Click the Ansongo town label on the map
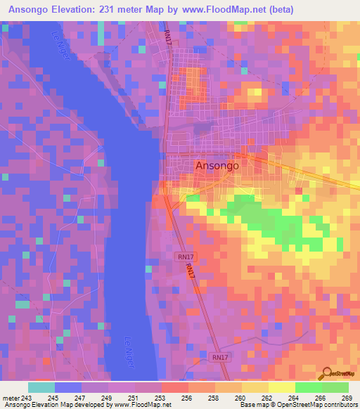216,166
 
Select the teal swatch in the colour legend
41,387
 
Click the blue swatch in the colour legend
67,387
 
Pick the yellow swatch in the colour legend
282,387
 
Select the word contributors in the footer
338,405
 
